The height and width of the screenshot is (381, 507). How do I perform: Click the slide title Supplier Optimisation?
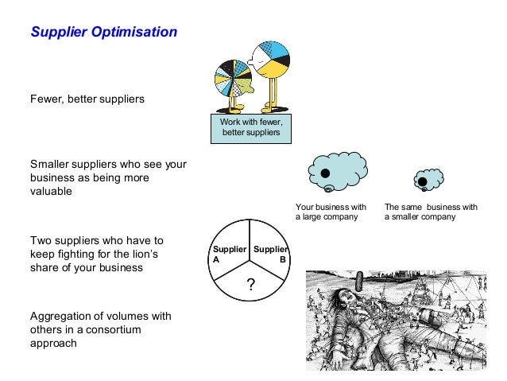[103, 33]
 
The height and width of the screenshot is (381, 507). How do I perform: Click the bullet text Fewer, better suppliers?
[87, 99]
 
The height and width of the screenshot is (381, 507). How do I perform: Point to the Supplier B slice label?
[270, 254]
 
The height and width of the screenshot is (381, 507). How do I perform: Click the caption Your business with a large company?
[331, 212]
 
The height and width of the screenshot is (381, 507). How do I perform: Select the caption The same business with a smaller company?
[432, 212]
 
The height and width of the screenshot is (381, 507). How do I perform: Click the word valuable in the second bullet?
[51, 192]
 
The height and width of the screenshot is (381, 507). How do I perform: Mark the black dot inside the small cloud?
[423, 182]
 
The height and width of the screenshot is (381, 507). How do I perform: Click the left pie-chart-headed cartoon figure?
[233, 80]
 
